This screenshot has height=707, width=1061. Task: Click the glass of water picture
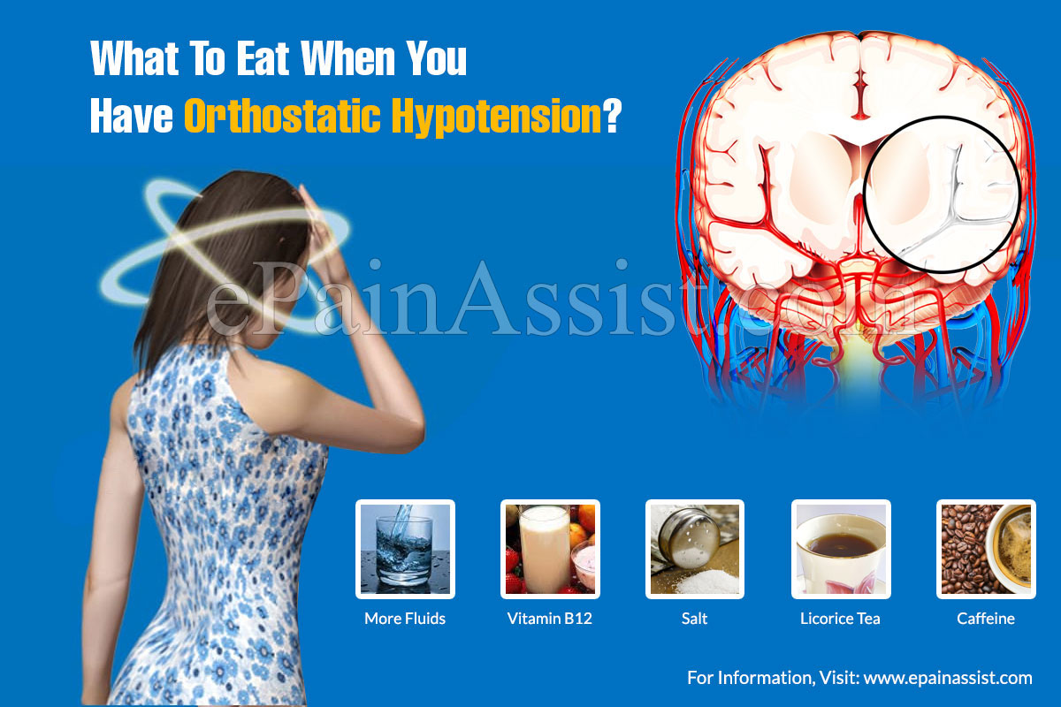click(x=405, y=549)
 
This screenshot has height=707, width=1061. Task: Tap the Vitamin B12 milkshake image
click(x=550, y=549)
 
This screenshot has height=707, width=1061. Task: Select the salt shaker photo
click(x=695, y=549)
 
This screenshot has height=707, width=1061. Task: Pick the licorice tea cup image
click(x=841, y=549)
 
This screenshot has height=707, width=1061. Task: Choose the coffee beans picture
click(x=986, y=549)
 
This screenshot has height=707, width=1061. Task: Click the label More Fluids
click(x=405, y=619)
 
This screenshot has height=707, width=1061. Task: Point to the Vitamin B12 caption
click(x=550, y=619)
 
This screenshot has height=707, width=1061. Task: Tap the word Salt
click(x=694, y=619)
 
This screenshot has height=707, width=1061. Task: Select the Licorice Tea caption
click(x=840, y=619)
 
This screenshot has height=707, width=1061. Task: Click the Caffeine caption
click(x=986, y=619)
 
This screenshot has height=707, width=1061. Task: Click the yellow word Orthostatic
click(x=282, y=116)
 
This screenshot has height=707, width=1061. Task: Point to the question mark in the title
click(x=612, y=116)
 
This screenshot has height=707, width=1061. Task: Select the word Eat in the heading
click(x=263, y=58)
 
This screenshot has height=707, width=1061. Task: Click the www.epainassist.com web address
click(x=948, y=678)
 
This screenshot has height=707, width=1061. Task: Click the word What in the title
click(x=134, y=58)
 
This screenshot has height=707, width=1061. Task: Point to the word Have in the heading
click(x=132, y=116)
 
